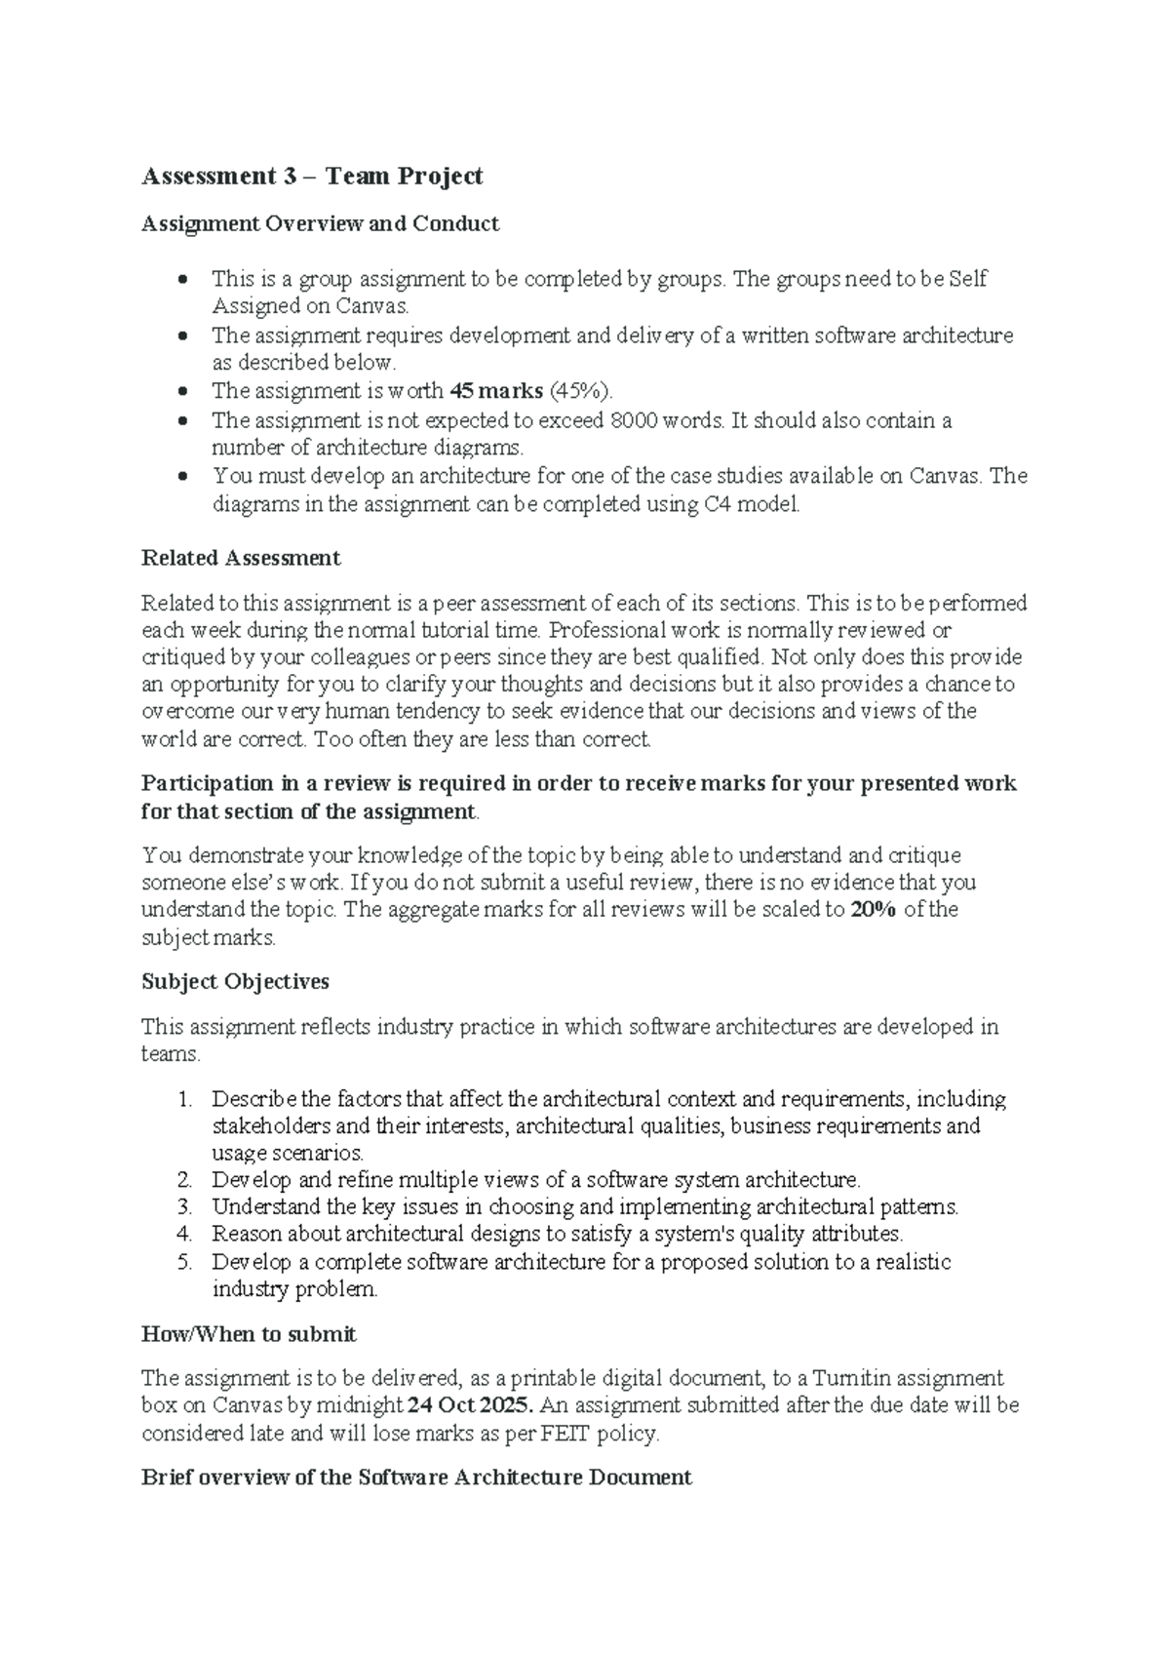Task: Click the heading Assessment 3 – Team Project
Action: pos(312,177)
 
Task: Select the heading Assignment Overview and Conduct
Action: pos(320,224)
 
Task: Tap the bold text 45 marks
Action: pos(495,392)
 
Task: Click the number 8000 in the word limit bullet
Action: pos(633,421)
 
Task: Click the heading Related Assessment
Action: pos(241,559)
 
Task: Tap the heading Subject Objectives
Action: pos(235,982)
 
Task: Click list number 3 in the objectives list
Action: pos(184,1207)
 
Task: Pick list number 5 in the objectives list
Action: pos(184,1263)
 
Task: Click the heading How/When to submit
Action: pos(249,1334)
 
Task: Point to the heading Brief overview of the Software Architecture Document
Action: pos(416,1478)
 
